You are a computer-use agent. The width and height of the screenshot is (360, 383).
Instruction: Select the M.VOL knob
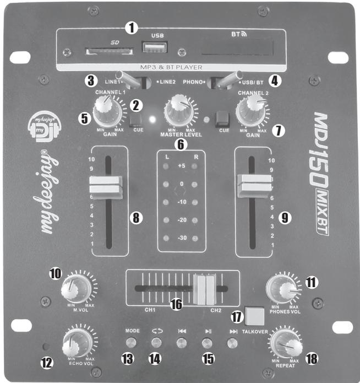[76, 287]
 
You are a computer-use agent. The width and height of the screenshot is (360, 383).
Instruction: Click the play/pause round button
[206, 343]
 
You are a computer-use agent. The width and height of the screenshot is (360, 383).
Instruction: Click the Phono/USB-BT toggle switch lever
[229, 80]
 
